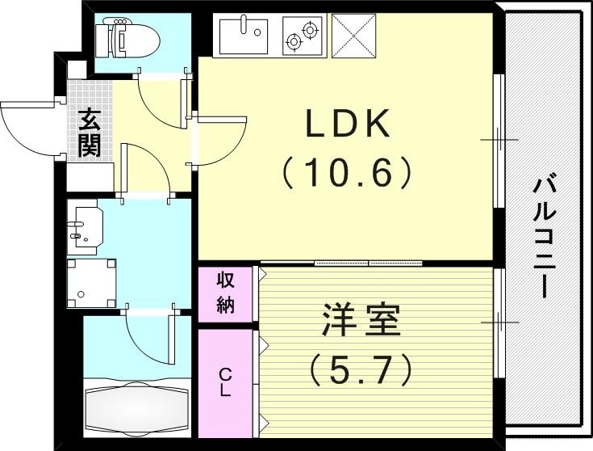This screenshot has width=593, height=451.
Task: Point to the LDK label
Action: (x=348, y=124)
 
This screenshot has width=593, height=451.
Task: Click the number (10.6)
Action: (x=348, y=171)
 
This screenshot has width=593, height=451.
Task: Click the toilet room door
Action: (x=161, y=97)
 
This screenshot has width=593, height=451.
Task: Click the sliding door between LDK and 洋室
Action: (x=367, y=263)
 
